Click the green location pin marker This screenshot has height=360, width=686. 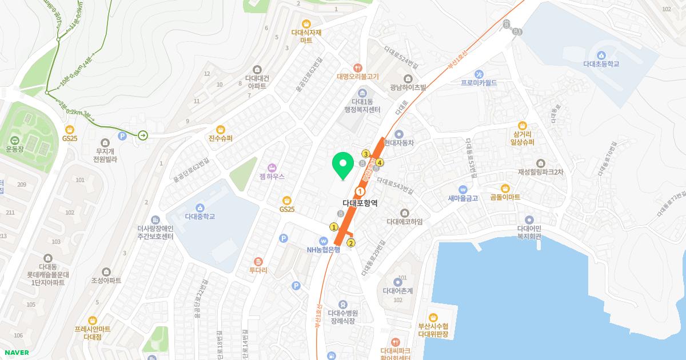coord(342,166)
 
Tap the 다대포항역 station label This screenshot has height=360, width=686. coord(360,203)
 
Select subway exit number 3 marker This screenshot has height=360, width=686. coord(365,154)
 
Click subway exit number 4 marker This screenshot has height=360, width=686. coord(380,163)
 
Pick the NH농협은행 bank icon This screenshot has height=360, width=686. coord(324,241)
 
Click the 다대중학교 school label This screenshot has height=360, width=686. coord(200,217)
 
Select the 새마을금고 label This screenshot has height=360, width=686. coord(463,198)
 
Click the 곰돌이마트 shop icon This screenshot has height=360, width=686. coord(505,188)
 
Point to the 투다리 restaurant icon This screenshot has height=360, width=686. coord(258,261)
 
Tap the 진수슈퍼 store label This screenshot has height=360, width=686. coord(221,138)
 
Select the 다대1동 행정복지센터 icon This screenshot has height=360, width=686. coord(362,93)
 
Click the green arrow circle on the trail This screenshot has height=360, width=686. coord(142,135)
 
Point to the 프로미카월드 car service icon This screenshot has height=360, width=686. coord(479,74)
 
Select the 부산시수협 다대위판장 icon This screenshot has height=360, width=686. coord(433,317)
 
